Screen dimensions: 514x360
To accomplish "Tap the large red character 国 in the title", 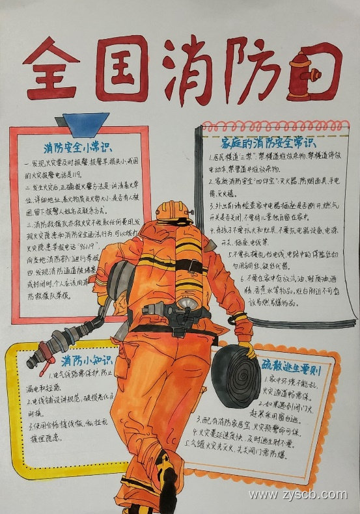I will point(124,68).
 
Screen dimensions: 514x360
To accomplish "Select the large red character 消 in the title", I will point(189,65).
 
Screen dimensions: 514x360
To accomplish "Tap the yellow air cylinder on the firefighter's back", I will point(189,260).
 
